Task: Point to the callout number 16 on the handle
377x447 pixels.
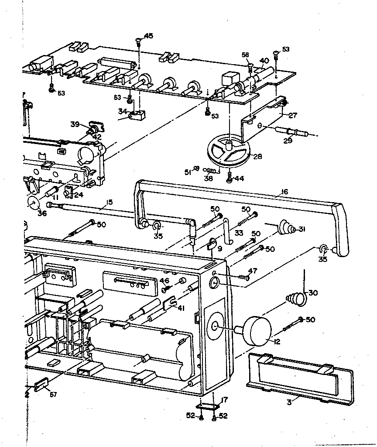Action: (x=284, y=192)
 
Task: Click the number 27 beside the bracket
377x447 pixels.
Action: (x=292, y=115)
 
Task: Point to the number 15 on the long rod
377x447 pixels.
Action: (x=109, y=202)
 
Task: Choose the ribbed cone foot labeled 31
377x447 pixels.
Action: (x=287, y=227)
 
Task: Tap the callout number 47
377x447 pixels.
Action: (x=253, y=271)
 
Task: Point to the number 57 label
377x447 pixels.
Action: (x=53, y=395)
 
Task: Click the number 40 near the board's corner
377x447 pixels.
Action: (x=264, y=60)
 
